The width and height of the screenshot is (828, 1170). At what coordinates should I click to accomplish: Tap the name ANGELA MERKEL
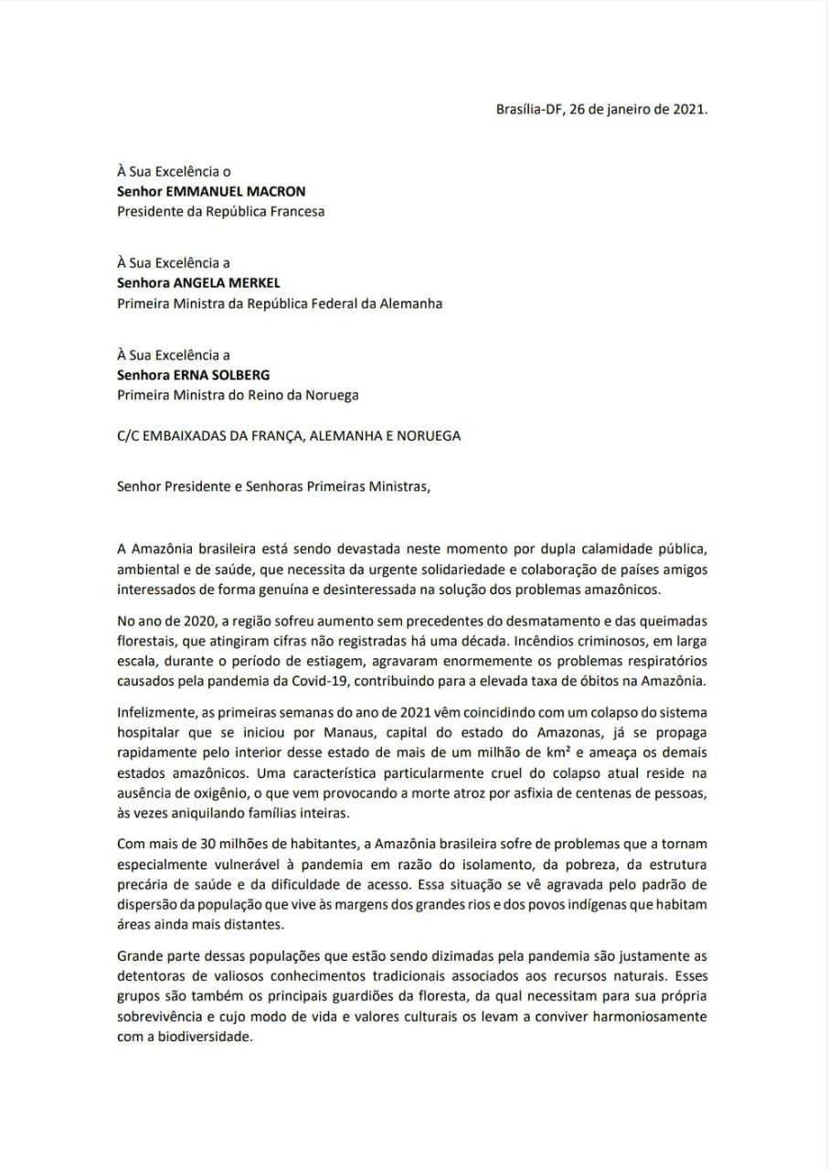228,283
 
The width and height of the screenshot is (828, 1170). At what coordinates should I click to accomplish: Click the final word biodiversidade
196,1037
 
